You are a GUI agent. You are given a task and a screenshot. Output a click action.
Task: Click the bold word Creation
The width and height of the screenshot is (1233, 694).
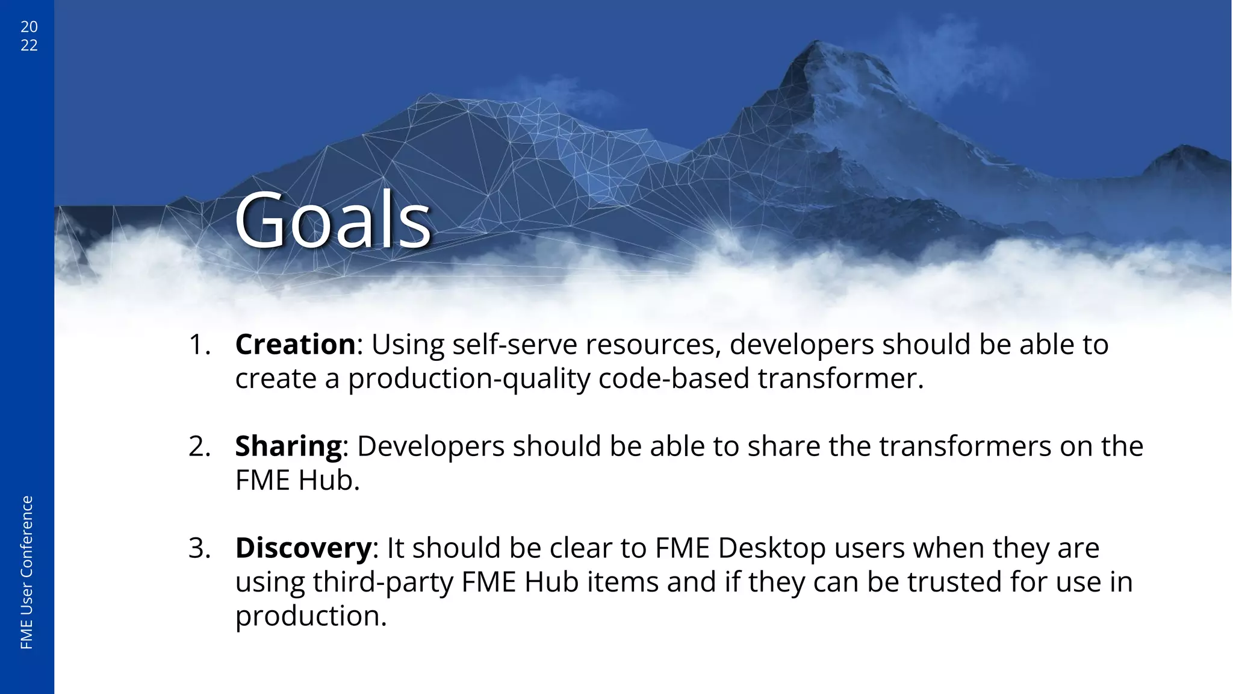296,345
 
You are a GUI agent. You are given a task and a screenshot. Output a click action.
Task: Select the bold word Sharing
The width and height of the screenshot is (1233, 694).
288,446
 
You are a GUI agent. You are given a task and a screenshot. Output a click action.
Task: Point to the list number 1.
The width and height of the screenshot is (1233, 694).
199,345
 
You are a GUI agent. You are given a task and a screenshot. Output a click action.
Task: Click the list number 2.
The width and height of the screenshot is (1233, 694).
199,446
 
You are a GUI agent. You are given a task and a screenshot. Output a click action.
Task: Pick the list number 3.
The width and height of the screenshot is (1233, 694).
199,548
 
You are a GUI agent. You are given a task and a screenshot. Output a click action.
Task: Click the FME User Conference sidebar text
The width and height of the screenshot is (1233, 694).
26,572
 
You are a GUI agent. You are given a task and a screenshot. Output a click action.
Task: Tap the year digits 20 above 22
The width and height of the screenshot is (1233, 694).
29,27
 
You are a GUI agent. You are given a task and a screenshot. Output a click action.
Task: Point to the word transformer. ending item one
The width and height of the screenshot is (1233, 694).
840,379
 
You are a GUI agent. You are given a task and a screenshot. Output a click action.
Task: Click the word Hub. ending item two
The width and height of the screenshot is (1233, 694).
329,481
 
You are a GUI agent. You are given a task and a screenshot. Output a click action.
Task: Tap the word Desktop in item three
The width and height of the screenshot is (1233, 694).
772,548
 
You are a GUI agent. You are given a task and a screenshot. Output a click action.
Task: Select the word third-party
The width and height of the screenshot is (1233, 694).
383,583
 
